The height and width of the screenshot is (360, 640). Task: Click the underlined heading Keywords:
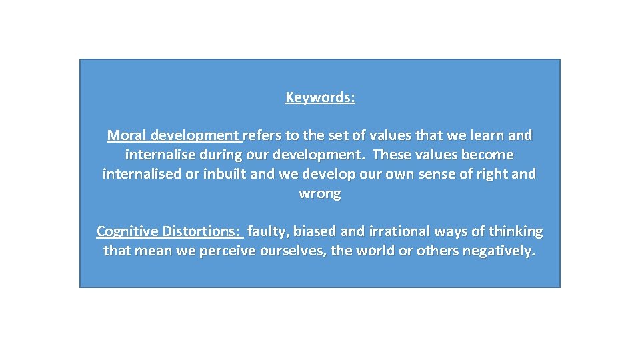(x=320, y=97)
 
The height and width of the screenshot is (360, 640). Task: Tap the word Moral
(x=127, y=135)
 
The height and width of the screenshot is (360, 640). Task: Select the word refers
(x=263, y=135)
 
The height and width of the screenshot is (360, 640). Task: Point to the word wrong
(x=320, y=193)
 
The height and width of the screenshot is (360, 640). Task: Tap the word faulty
(x=268, y=231)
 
